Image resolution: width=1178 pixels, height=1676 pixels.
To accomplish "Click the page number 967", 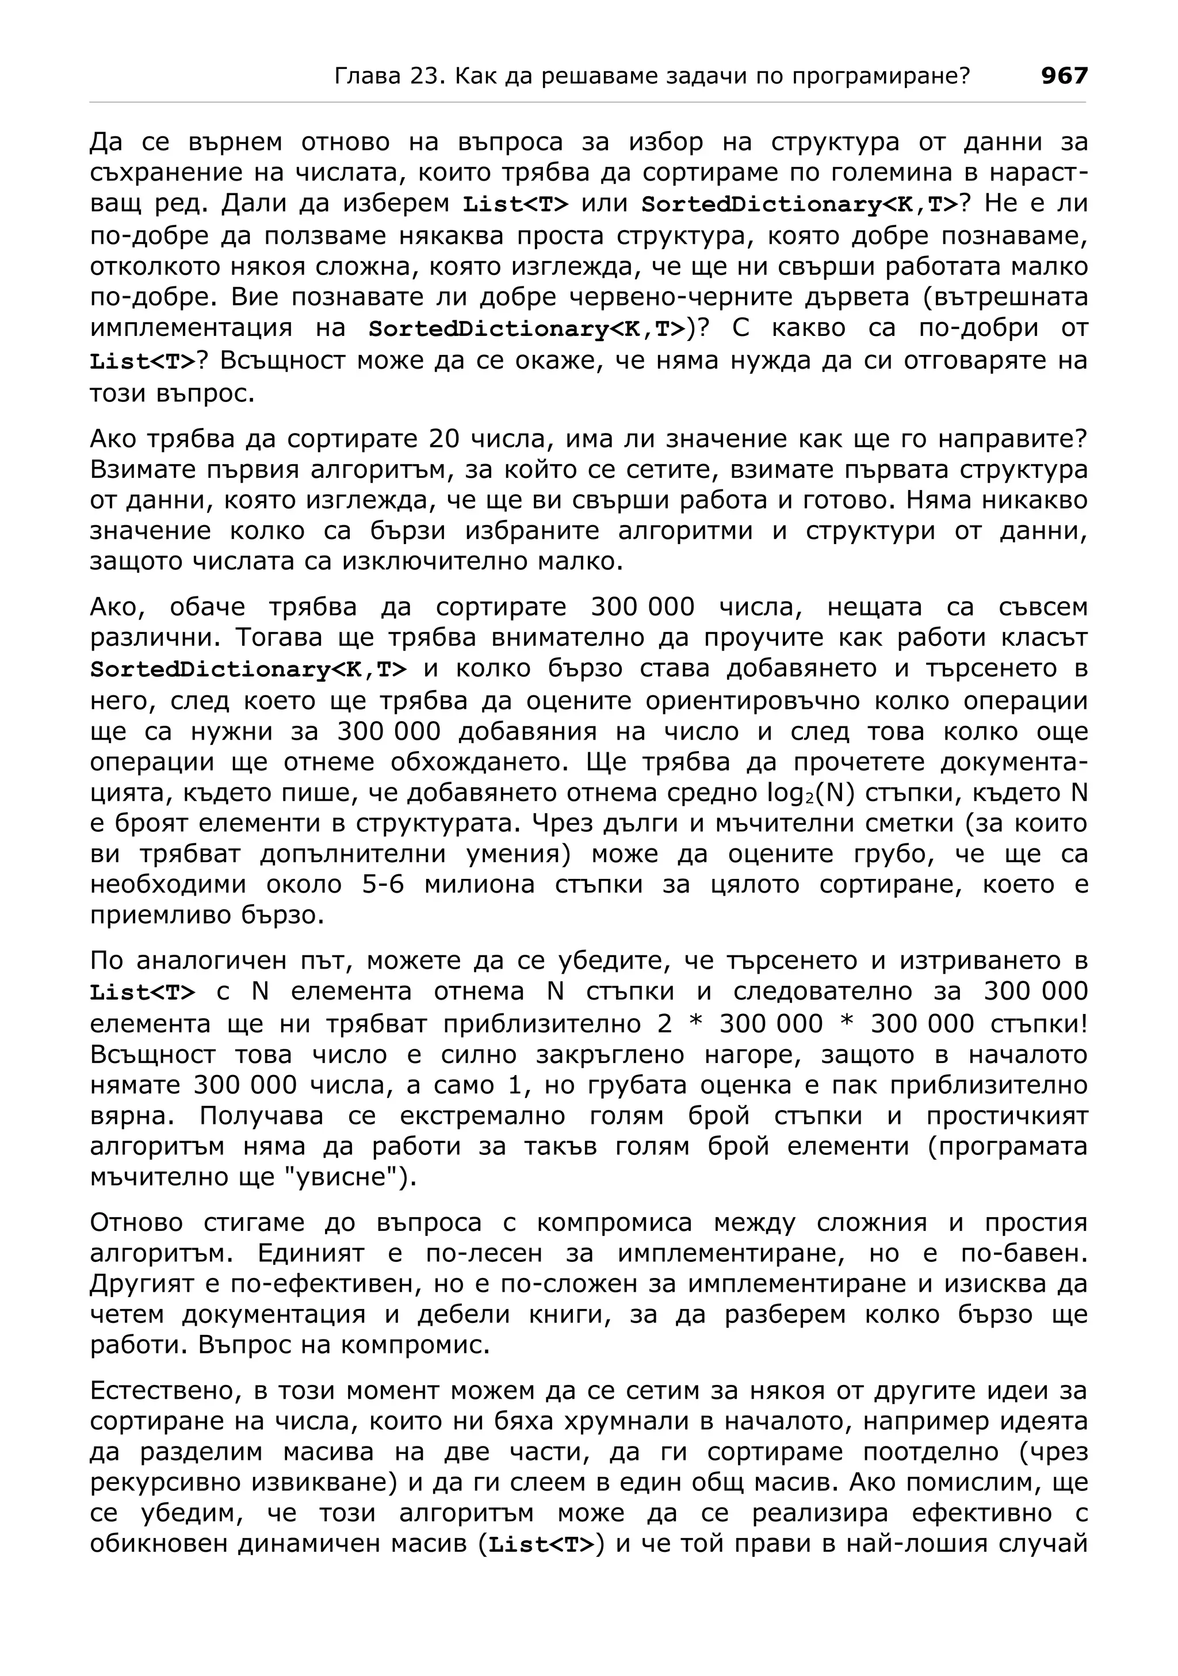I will pos(1064,75).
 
